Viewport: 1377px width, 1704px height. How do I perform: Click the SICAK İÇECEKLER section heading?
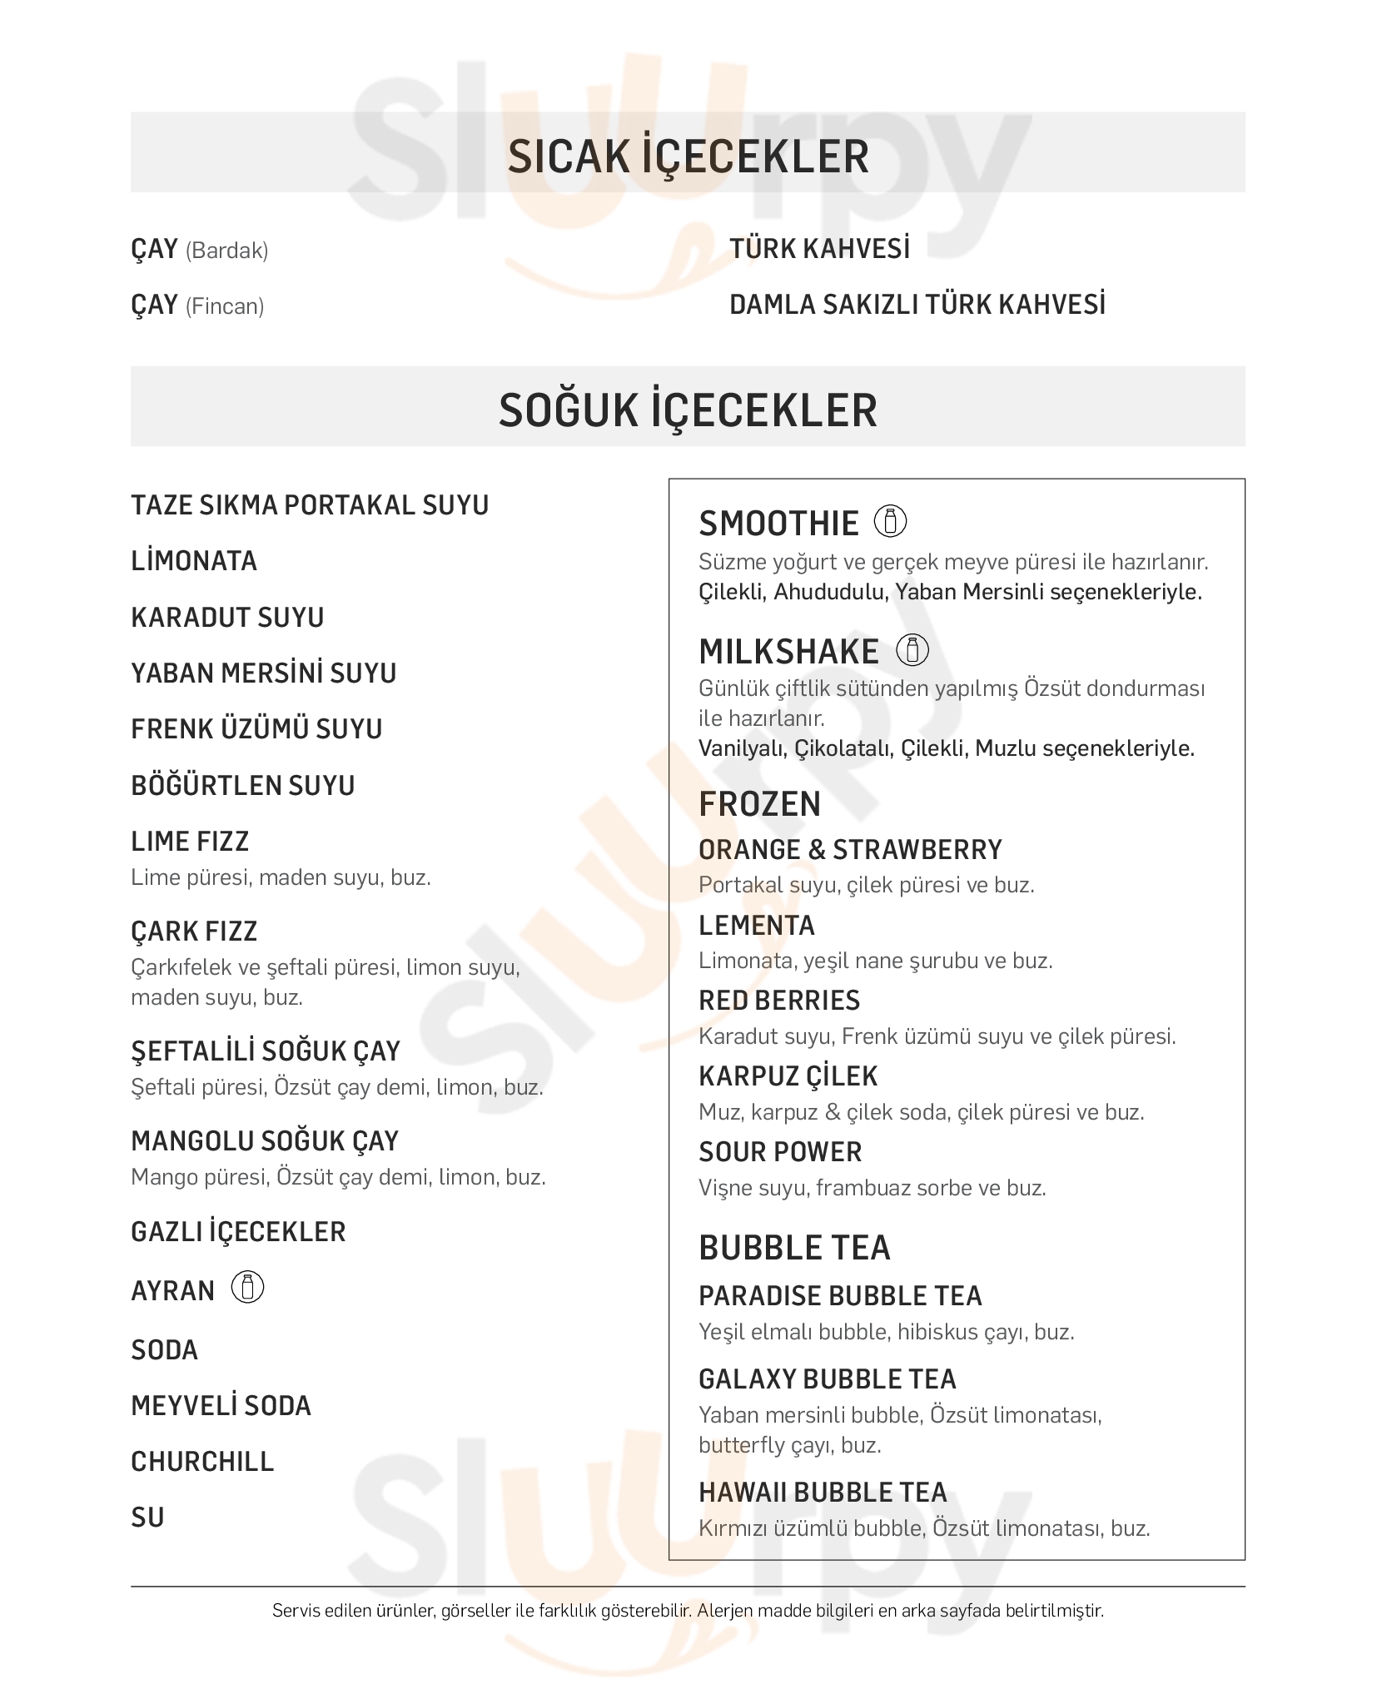688,156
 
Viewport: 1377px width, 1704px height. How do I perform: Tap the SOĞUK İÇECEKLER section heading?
688,410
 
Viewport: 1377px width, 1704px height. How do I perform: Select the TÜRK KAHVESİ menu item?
819,248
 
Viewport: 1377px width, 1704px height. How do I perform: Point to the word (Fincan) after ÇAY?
224,306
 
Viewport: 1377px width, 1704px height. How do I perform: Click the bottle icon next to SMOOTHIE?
890,522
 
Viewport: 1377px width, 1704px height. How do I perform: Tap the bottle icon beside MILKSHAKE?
912,650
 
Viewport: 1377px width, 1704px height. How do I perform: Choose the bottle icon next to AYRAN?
247,1288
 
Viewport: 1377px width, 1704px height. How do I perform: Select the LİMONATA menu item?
194,561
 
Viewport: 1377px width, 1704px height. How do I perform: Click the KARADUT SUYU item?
227,617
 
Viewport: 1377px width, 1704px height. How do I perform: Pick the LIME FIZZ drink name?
190,841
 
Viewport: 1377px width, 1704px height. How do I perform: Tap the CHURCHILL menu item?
202,1461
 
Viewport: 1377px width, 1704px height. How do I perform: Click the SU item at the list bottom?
147,1517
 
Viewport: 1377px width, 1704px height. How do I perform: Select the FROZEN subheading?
759,804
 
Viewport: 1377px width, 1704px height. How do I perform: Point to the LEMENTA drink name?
757,925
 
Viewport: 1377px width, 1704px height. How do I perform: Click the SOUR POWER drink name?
780,1151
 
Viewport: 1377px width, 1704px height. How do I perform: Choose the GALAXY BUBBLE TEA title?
827,1379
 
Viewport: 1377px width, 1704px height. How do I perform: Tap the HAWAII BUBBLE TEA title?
823,1492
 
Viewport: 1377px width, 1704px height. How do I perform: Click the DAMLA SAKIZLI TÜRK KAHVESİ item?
917,304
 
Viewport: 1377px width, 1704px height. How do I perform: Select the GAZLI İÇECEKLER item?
238,1231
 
